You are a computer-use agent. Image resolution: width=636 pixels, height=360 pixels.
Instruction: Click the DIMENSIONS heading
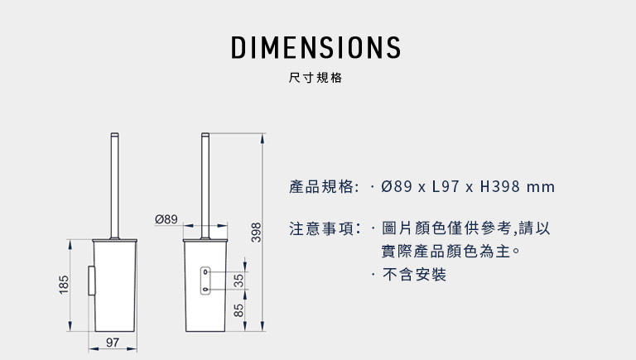(x=316, y=47)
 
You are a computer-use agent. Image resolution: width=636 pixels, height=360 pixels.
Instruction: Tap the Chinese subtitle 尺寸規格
(x=316, y=78)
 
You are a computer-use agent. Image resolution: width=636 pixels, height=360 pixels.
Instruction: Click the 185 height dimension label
(x=64, y=285)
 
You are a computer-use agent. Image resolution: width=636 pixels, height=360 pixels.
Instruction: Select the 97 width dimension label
(x=113, y=343)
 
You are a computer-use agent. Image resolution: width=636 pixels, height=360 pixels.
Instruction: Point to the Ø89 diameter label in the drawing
(x=166, y=219)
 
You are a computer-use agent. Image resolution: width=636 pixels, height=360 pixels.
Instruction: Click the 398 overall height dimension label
(x=257, y=233)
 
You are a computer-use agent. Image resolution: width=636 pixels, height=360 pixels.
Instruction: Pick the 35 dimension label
(x=238, y=281)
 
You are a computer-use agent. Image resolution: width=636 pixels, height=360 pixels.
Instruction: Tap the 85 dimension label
(x=238, y=310)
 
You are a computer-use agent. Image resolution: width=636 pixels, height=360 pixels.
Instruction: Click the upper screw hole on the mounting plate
(x=205, y=271)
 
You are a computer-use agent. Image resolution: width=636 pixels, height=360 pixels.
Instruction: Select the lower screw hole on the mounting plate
(x=205, y=290)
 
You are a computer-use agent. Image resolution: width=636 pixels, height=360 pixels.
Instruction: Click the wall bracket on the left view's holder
(x=91, y=281)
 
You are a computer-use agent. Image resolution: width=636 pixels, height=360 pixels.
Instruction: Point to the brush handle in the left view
(x=115, y=185)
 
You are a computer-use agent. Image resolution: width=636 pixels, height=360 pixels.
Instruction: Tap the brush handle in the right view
(x=205, y=185)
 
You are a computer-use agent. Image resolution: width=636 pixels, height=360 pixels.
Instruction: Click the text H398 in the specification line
(x=499, y=187)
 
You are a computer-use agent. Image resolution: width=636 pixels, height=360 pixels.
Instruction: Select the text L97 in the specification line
(x=446, y=187)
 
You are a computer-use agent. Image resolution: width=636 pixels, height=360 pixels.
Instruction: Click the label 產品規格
(x=320, y=187)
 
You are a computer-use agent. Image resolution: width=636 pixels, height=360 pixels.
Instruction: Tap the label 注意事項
(x=320, y=228)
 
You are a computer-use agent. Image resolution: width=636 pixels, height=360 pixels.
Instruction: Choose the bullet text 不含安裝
(x=414, y=275)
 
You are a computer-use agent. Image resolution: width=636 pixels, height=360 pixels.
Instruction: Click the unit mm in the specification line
(x=541, y=188)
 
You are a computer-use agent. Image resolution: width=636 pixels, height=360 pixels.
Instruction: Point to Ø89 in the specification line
(x=397, y=187)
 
